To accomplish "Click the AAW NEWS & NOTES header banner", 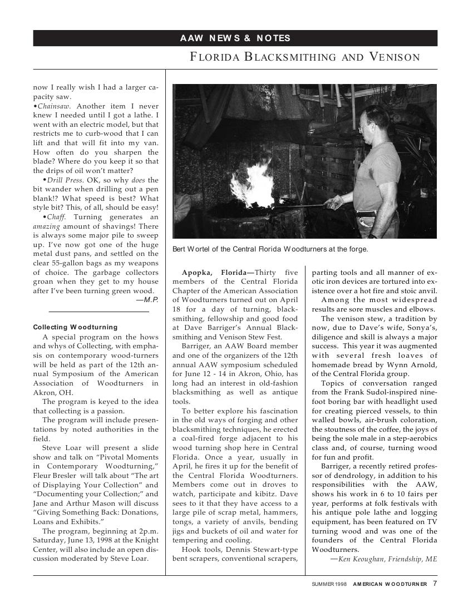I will (x=235, y=38).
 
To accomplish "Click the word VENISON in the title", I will (x=392, y=57).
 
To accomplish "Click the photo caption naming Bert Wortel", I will (x=270, y=249).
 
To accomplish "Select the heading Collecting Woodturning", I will (x=75, y=327).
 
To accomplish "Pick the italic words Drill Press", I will (x=65, y=180).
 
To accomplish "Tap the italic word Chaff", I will (x=56, y=216).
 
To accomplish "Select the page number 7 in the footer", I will (x=435, y=584).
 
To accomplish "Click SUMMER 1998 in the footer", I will (x=329, y=584).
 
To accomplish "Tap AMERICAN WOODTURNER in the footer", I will (x=390, y=584).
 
